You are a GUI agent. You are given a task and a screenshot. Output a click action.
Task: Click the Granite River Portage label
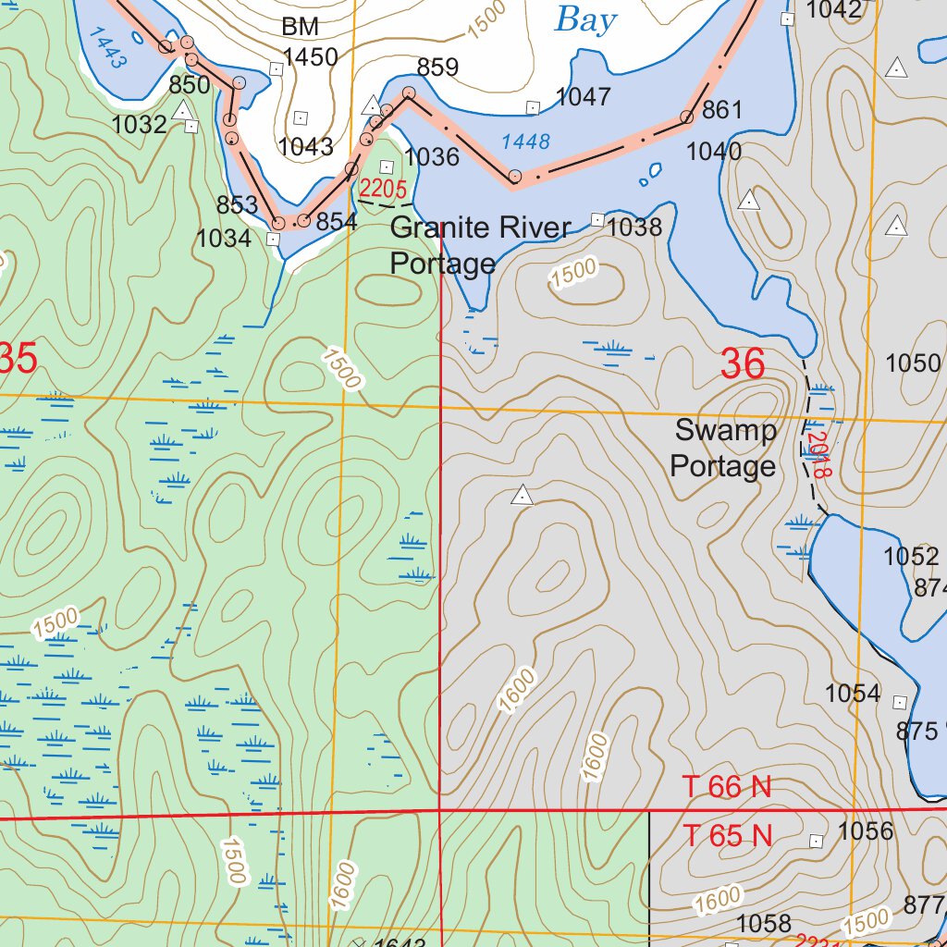480,246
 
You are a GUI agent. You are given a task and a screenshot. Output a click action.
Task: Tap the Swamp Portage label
724,449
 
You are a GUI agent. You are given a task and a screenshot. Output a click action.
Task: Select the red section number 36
743,365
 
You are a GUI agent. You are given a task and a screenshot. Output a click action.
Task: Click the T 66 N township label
727,787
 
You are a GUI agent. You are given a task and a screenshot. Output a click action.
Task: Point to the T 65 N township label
727,836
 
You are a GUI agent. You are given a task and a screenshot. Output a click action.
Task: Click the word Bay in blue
584,19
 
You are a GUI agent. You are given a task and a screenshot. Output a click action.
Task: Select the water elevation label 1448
525,141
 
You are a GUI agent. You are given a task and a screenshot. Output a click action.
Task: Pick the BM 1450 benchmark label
309,43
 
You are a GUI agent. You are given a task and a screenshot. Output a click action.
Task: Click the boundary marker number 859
437,68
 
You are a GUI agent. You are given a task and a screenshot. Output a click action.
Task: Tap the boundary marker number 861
722,110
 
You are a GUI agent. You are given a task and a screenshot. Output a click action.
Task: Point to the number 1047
583,96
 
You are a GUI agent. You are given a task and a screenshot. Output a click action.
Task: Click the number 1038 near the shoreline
635,227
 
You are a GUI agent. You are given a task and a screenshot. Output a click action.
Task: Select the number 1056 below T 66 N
866,831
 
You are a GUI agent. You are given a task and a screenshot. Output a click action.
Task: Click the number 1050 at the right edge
913,363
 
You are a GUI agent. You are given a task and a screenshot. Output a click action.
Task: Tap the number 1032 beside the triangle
139,125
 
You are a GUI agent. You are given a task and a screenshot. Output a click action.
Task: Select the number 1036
432,157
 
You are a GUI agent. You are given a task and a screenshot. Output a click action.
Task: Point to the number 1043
305,146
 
